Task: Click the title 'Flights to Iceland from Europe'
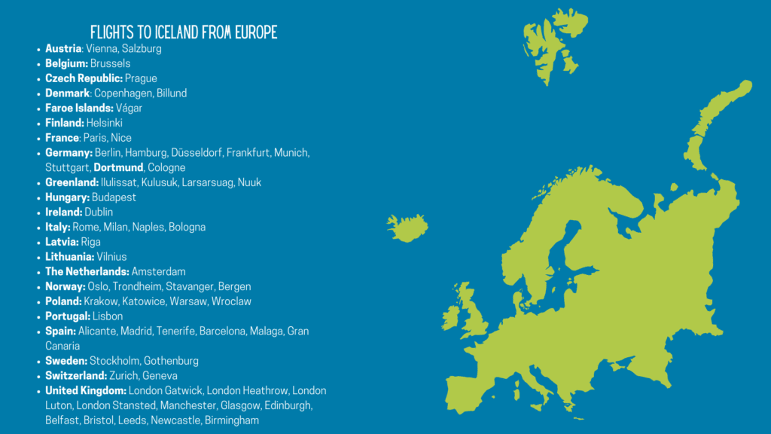[184, 32]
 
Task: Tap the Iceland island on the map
[407, 228]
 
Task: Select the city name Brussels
[110, 63]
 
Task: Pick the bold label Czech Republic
[84, 78]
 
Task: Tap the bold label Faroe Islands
[79, 108]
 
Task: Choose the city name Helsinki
[105, 123]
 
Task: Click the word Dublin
[99, 212]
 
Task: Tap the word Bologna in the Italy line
[187, 227]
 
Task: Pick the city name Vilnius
[111, 257]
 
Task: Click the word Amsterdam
[158, 271]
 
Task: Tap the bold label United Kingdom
[85, 390]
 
